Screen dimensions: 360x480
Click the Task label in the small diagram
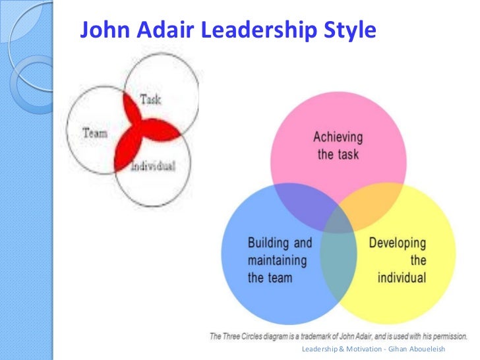pos(150,100)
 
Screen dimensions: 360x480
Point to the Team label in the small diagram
pos(95,133)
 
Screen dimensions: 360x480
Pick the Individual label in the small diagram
pos(153,165)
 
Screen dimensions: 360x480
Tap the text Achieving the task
pos(337,146)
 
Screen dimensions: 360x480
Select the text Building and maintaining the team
pos(278,259)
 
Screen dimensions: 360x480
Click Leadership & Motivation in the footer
pos(343,348)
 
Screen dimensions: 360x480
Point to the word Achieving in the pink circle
pos(337,138)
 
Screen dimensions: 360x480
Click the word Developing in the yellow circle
pos(397,243)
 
